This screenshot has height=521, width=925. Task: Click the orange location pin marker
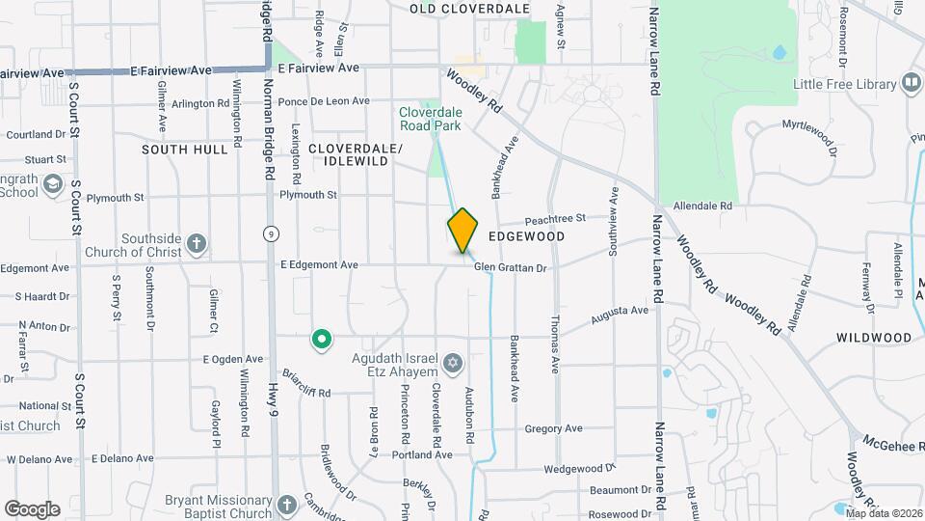(463, 230)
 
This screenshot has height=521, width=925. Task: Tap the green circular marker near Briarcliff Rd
(322, 339)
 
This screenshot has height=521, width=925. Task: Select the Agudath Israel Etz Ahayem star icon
(453, 364)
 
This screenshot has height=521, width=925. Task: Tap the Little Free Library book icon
(911, 84)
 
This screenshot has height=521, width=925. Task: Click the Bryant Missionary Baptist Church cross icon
(287, 505)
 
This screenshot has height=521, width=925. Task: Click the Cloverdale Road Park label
(431, 119)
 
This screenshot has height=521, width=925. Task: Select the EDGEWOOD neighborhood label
(526, 235)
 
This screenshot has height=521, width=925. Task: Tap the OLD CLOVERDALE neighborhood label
(470, 9)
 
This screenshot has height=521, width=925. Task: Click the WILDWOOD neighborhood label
(874, 338)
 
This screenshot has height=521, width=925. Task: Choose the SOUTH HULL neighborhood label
(192, 150)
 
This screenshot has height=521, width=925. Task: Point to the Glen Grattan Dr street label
(510, 267)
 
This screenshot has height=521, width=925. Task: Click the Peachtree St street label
(555, 220)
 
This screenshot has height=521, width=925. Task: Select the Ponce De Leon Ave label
(324, 101)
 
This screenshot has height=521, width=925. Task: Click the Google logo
(32, 508)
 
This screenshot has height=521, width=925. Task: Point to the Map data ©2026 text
(884, 513)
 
